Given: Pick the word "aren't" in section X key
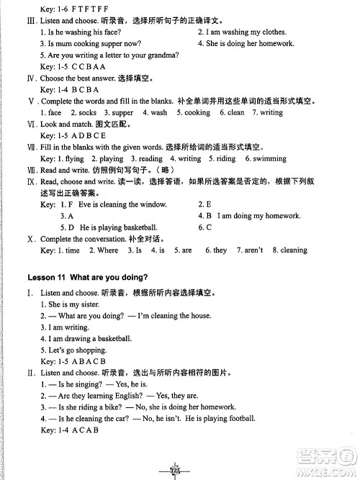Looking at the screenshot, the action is coord(251,250).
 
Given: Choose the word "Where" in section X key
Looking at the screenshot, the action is coord(107,250).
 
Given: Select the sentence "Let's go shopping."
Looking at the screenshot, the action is coord(73,350).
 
